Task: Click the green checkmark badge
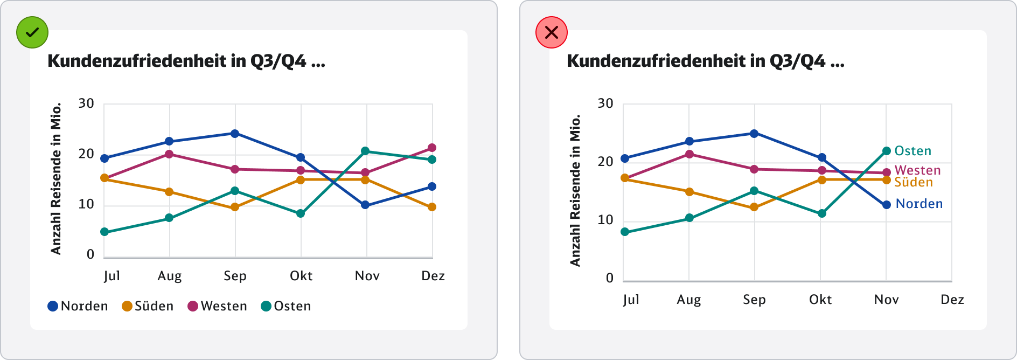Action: [32, 32]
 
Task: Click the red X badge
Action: [552, 32]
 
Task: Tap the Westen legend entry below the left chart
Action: [217, 306]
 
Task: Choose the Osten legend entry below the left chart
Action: [286, 306]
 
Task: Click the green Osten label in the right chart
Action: [912, 151]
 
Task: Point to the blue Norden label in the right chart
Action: [919, 204]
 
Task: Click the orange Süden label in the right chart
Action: [913, 182]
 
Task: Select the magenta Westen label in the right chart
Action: [917, 170]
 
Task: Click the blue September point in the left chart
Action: [235, 134]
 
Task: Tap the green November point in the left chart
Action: [365, 151]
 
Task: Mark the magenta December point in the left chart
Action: [432, 148]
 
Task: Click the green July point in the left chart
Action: [105, 232]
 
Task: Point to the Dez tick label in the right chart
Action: [952, 300]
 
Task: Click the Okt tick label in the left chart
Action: [301, 276]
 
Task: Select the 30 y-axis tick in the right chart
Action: [605, 103]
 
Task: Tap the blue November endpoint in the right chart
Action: [887, 205]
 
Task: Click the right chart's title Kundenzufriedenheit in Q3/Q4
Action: [705, 61]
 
